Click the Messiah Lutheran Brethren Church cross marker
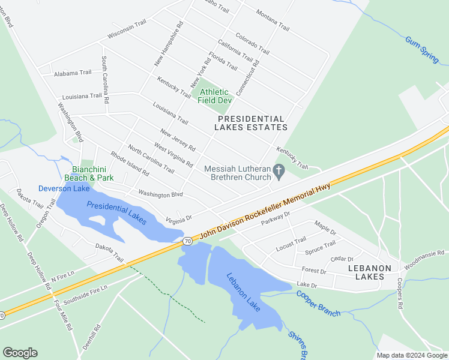tap(279, 172)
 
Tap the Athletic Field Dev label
tap(215, 96)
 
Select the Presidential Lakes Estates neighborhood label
tap(252, 123)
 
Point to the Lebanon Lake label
tap(243, 292)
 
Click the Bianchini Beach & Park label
tap(89, 174)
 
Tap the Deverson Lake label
tap(64, 188)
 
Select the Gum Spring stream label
tap(422, 50)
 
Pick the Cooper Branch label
tap(318, 304)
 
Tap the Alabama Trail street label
tap(73, 73)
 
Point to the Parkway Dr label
tap(272, 219)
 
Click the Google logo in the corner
tap(20, 353)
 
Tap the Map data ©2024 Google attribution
tap(411, 355)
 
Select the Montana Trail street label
tap(273, 20)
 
